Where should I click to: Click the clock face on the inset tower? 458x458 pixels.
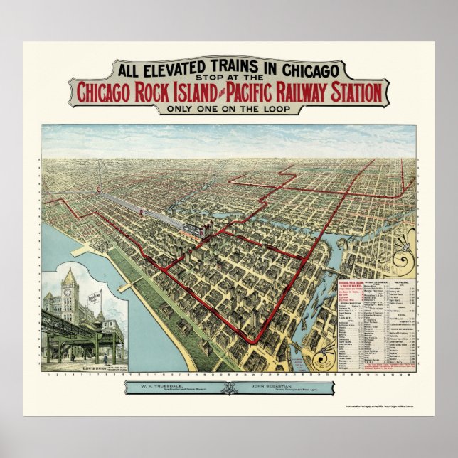coord(69,292)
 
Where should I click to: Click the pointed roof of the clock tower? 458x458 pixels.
coord(69,276)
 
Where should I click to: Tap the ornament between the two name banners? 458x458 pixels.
coord(228,388)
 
